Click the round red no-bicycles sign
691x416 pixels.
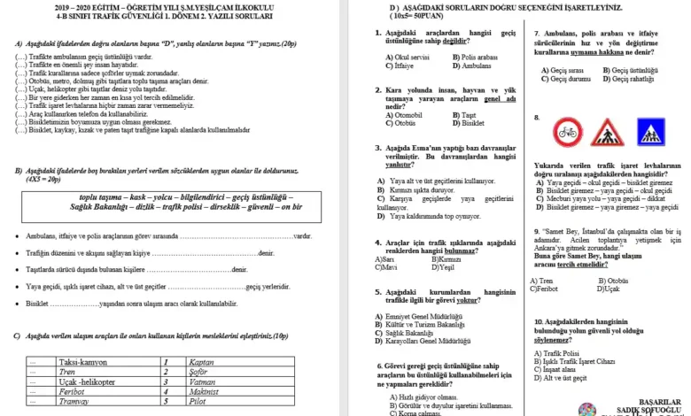(567, 134)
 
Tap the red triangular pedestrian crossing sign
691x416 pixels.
(607, 134)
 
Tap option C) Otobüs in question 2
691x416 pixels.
(401, 122)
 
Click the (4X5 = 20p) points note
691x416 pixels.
(42, 179)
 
